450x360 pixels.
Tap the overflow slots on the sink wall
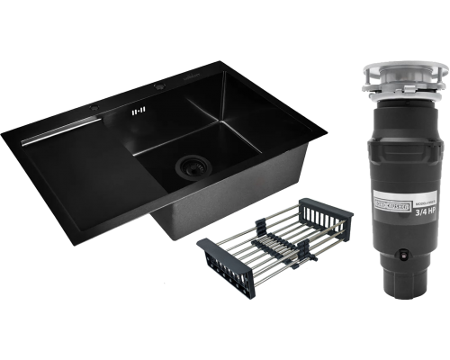[x=138, y=112]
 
